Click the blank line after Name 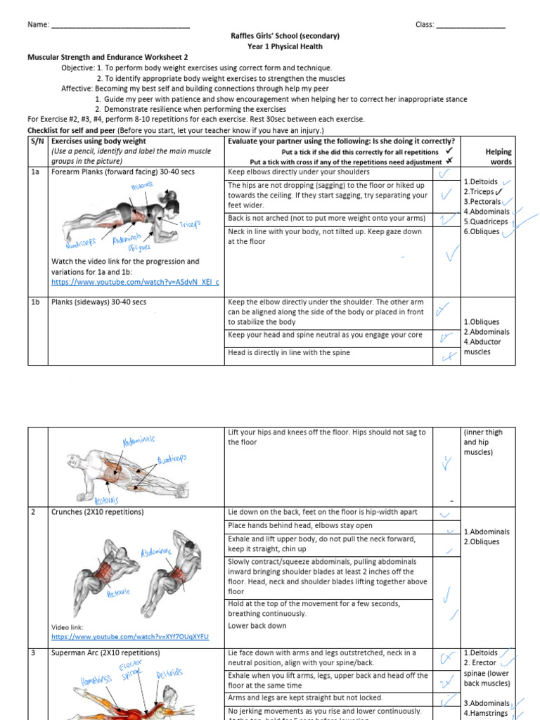click(120, 26)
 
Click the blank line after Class click(470, 26)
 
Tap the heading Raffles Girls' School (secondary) click(285, 36)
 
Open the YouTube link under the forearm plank click(135, 282)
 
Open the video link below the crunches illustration click(129, 637)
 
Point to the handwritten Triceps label click(189, 224)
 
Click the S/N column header click(37, 141)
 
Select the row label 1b click(36, 302)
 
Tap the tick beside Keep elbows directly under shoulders click(444, 174)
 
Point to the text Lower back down click(257, 626)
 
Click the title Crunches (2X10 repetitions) click(98, 512)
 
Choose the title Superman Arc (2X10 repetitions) click(105, 653)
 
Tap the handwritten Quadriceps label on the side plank click(172, 461)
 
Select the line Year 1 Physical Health click(285, 46)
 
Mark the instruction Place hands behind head click(300, 525)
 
